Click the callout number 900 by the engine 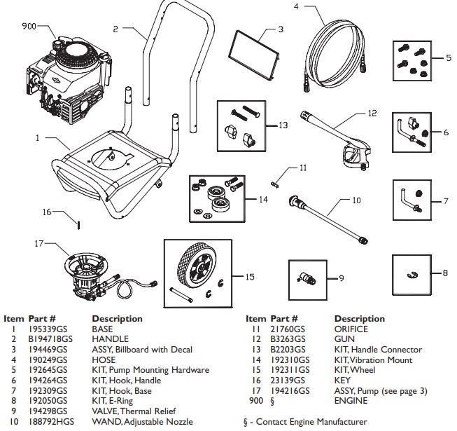tap(29, 26)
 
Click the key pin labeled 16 tap(80, 224)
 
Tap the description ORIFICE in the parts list tap(351, 329)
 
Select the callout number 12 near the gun tap(372, 112)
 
